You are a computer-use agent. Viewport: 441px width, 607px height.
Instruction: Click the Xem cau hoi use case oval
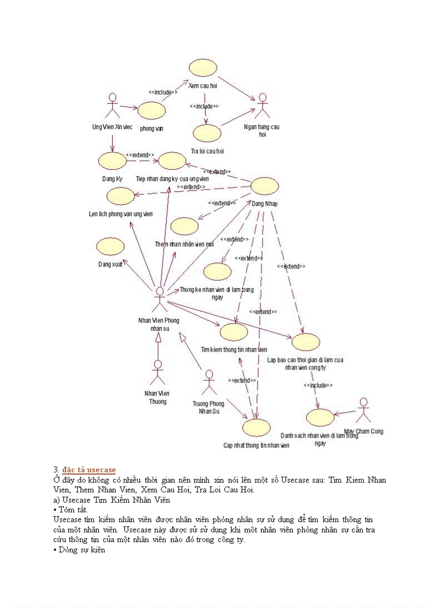coord(203,68)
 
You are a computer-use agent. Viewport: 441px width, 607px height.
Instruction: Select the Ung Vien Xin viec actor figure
coord(112,106)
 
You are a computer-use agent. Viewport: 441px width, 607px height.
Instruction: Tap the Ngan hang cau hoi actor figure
coord(263,106)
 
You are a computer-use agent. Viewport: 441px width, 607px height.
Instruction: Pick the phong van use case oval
coord(151,110)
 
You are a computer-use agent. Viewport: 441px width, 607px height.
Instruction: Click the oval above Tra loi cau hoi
coord(207,133)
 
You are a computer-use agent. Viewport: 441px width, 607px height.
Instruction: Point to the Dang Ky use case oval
coord(112,160)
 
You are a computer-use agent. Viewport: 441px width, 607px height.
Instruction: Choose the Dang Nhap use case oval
coord(265,186)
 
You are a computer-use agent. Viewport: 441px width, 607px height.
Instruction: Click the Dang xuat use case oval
coord(110,246)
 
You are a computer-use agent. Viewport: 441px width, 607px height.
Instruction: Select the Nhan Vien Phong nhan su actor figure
coord(159,299)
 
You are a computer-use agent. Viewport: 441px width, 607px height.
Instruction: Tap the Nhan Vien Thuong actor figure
coord(158,372)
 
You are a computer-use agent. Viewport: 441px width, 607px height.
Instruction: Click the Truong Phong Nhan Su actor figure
coord(209,383)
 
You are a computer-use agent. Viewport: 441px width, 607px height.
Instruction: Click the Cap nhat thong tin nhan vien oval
coord(256,428)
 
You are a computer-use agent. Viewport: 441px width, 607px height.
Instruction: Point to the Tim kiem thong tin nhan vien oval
coord(234,332)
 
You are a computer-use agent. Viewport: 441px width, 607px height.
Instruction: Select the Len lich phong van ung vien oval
coord(121,196)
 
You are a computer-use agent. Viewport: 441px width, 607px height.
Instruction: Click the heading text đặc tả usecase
coord(89,469)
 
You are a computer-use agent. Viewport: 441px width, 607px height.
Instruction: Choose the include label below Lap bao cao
coord(318,385)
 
